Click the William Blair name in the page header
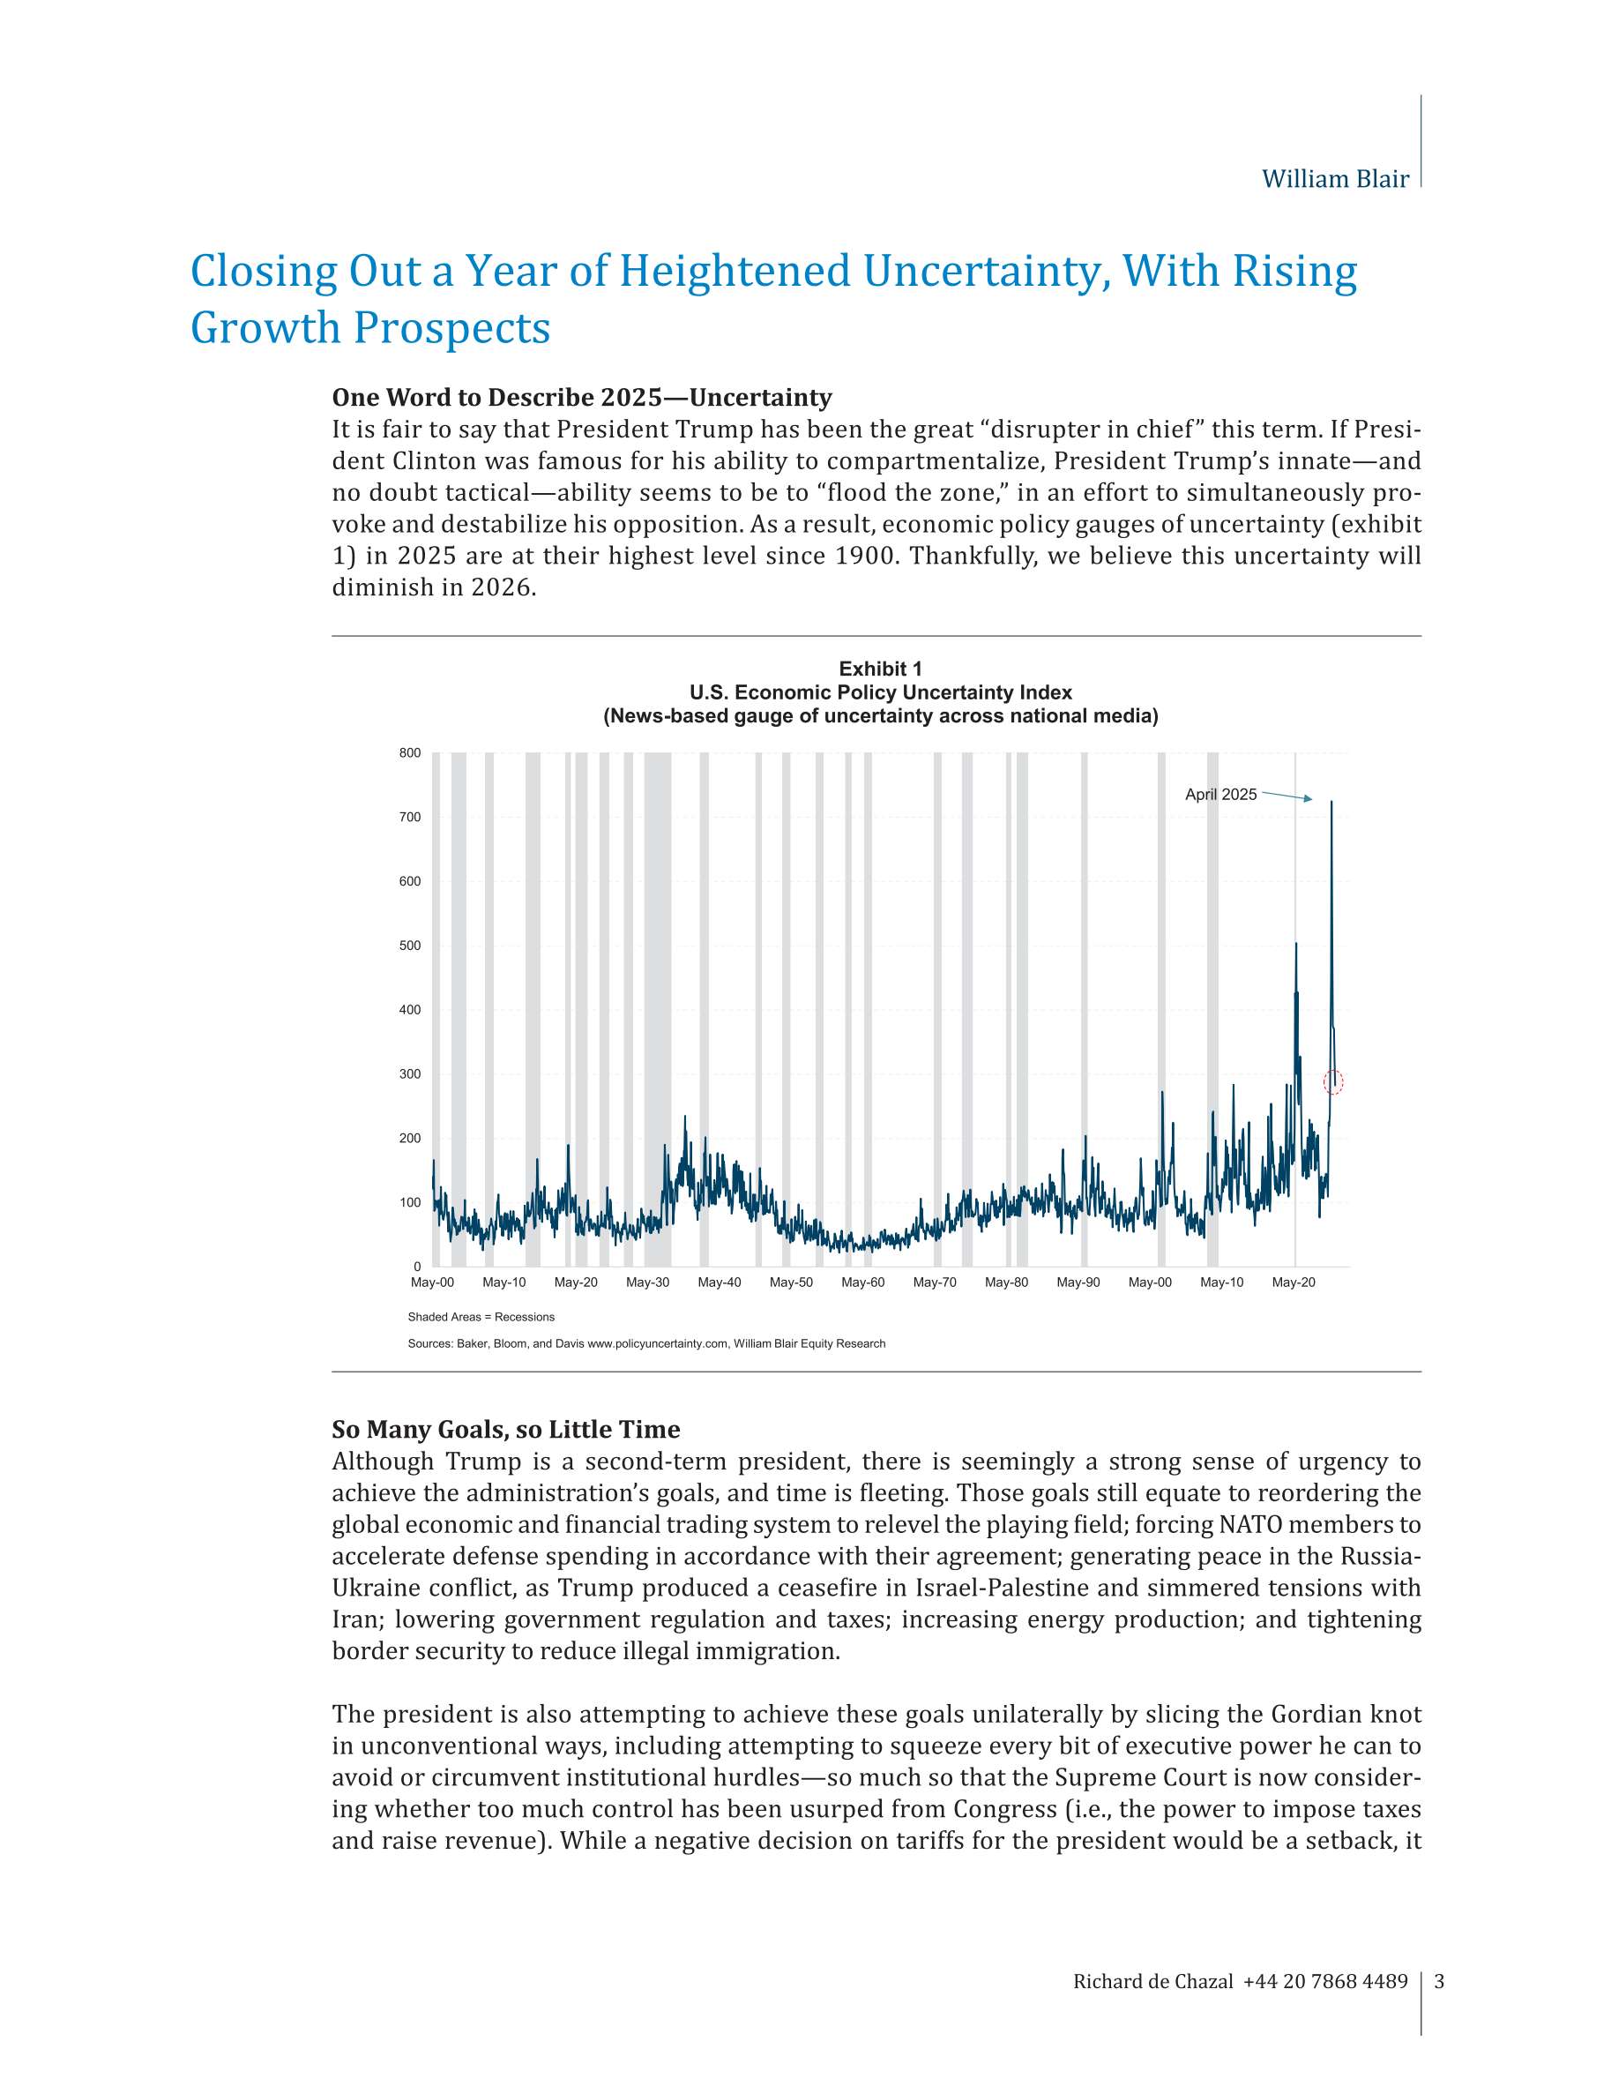pyautogui.click(x=1334, y=180)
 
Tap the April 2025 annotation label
pyautogui.click(x=1220, y=795)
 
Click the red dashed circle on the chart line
pyautogui.click(x=1333, y=1082)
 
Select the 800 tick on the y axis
pyautogui.click(x=410, y=752)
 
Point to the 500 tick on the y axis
pyautogui.click(x=410, y=946)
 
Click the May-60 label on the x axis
pyautogui.click(x=862, y=1282)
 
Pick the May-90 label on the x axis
pyautogui.click(x=1078, y=1282)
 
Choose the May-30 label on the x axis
pyautogui.click(x=647, y=1282)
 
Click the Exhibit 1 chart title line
pyautogui.click(x=879, y=669)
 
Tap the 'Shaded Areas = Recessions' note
pyautogui.click(x=481, y=1317)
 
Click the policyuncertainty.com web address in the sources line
pyautogui.click(x=657, y=1344)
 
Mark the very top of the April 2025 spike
pyautogui.click(x=1331, y=803)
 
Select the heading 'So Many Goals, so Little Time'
pyautogui.click(x=505, y=1430)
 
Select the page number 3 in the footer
pyautogui.click(x=1439, y=1982)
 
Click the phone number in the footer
pyautogui.click(x=1324, y=1982)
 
